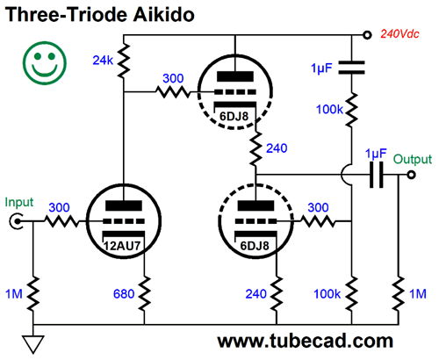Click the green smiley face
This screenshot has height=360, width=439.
tap(45, 63)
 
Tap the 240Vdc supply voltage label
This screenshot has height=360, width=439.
tap(399, 34)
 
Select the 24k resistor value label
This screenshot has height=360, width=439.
tap(103, 61)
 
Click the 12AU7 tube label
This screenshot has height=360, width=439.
tap(122, 246)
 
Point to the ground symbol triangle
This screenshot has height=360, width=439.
tap(33, 344)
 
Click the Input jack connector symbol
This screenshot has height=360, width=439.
tap(17, 221)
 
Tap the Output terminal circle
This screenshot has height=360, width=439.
tap(411, 175)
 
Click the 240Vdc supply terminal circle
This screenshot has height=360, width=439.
tap(367, 35)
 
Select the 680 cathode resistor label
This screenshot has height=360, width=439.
tap(124, 294)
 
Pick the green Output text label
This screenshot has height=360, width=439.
tap(412, 159)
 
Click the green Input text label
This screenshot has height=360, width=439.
tap(19, 203)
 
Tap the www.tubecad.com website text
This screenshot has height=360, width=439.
tap(305, 342)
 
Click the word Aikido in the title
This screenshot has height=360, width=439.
tap(163, 14)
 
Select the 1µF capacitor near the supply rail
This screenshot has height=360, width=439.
tap(351, 68)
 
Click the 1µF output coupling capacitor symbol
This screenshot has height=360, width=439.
tap(377, 175)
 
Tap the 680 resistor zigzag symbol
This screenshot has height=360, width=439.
tap(144, 293)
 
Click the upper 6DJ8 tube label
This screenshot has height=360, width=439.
tap(234, 117)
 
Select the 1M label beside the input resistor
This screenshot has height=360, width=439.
tap(14, 294)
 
